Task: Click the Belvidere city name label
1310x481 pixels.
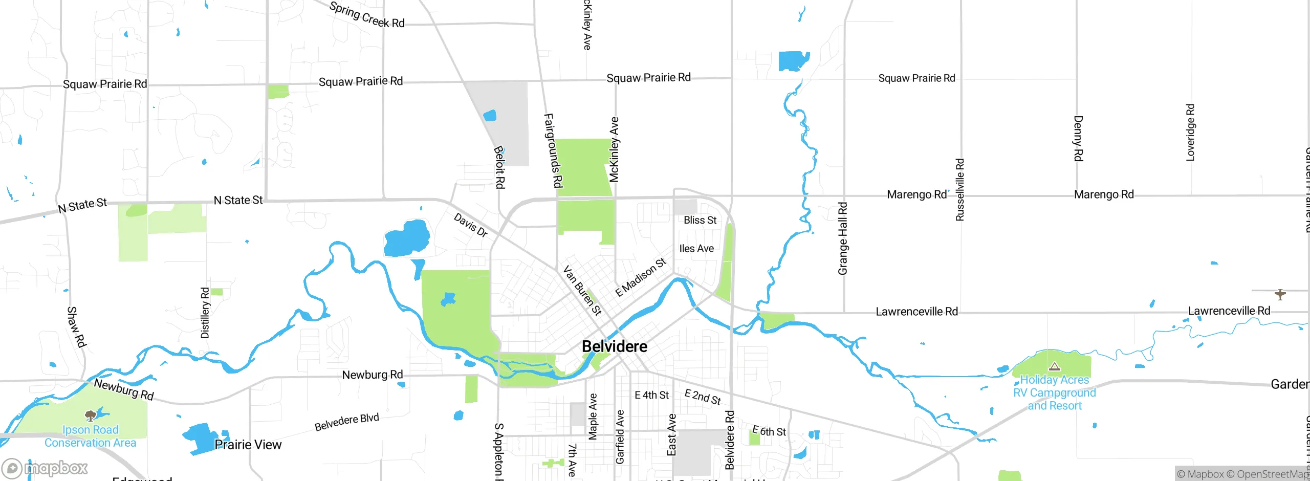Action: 615,346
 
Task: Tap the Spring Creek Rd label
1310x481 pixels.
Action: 367,15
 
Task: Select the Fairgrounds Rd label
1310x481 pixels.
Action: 553,150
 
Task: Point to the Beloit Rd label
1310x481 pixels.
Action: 499,167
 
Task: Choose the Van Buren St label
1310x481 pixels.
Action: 582,290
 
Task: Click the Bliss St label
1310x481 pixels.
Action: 700,220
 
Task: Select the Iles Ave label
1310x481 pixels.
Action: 696,249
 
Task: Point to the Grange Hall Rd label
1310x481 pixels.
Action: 843,238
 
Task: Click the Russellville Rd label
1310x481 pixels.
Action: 960,190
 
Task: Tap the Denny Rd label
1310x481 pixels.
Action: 1078,138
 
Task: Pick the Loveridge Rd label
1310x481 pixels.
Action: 1190,133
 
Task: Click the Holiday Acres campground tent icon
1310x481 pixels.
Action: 1054,366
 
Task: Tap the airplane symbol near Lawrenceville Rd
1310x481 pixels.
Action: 1280,294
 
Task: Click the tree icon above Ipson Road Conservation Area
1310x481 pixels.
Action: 91,414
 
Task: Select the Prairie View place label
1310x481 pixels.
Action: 248,445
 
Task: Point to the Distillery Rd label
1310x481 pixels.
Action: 205,313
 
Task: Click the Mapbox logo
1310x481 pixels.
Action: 45,468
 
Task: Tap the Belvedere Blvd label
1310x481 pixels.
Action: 346,422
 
